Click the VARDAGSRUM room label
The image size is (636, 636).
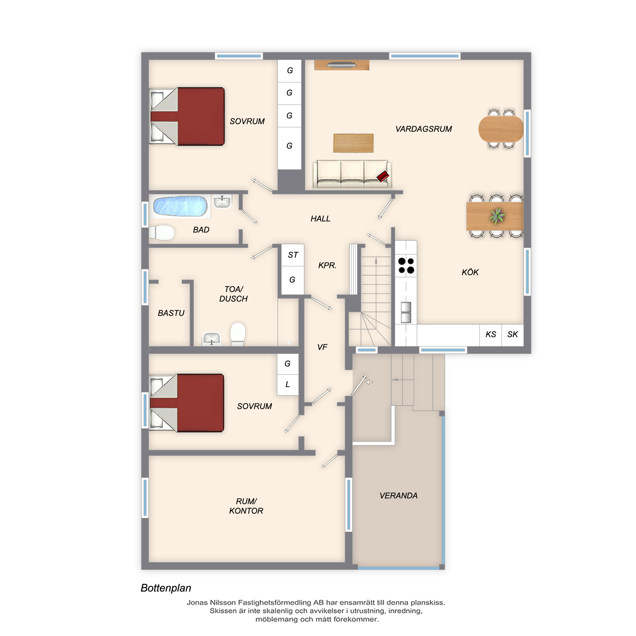tap(424, 129)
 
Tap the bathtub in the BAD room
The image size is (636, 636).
tap(180, 206)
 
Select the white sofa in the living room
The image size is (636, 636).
tap(352, 174)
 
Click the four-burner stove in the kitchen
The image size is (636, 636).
tap(406, 266)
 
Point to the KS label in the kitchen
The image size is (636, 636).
tap(490, 335)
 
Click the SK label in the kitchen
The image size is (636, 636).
tap(513, 335)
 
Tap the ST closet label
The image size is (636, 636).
tap(293, 255)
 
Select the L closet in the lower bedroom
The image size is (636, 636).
tap(288, 384)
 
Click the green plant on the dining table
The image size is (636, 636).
tap(497, 216)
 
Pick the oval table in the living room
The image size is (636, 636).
tap(501, 129)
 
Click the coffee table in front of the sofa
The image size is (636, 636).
tap(353, 143)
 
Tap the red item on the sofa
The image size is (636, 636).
tap(383, 176)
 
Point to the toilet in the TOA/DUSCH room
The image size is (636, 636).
tap(238, 334)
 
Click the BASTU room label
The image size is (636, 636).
tap(171, 313)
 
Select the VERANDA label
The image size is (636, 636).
tap(398, 495)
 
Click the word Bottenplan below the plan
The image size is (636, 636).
tap(166, 588)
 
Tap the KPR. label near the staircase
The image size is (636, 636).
tap(327, 265)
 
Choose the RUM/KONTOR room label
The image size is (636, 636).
tap(246, 506)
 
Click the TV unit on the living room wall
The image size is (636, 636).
tap(342, 65)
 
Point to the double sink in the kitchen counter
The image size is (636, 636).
tap(406, 312)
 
